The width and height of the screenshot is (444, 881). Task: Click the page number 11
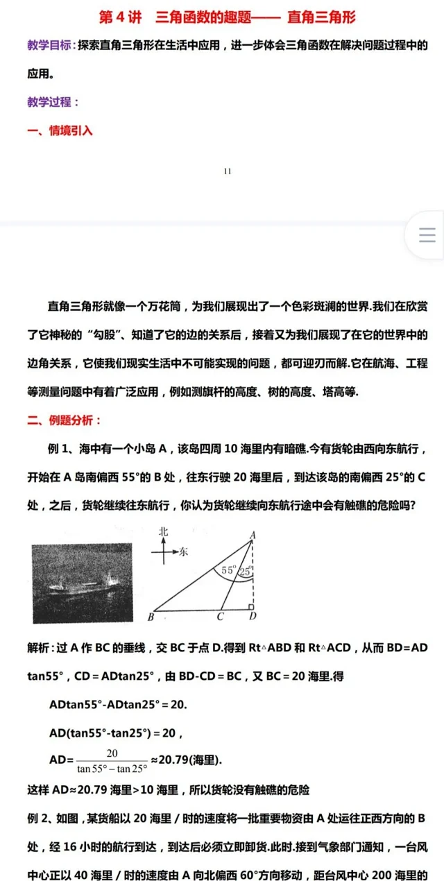(228, 171)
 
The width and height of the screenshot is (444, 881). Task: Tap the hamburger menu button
(427, 235)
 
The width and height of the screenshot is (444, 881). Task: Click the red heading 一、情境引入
(60, 130)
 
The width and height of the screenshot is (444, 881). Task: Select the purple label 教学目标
(50, 46)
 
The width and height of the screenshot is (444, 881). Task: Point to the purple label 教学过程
(50, 102)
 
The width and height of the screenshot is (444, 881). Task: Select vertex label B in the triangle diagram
(151, 617)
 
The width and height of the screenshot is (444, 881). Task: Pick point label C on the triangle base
(220, 617)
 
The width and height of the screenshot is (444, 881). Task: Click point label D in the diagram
(253, 617)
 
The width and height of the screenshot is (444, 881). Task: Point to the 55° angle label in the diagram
(228, 570)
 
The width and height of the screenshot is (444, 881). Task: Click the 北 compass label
(164, 531)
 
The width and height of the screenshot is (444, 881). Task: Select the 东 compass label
(183, 552)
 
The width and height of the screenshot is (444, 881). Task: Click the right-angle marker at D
(250, 608)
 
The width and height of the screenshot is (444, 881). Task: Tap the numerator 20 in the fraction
(112, 753)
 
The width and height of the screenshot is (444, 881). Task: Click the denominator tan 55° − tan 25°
(112, 768)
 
